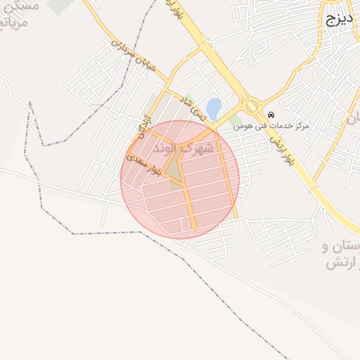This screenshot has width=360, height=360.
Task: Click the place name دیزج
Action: click(338, 20)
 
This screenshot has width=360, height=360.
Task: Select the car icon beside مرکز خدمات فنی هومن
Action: click(271, 115)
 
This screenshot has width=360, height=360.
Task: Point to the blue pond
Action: click(214, 108)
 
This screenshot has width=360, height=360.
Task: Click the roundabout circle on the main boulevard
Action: click(252, 106)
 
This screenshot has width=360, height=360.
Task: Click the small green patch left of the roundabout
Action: click(233, 122)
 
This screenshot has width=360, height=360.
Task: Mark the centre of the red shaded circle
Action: click(180, 179)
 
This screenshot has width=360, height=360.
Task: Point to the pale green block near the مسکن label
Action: click(60, 6)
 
